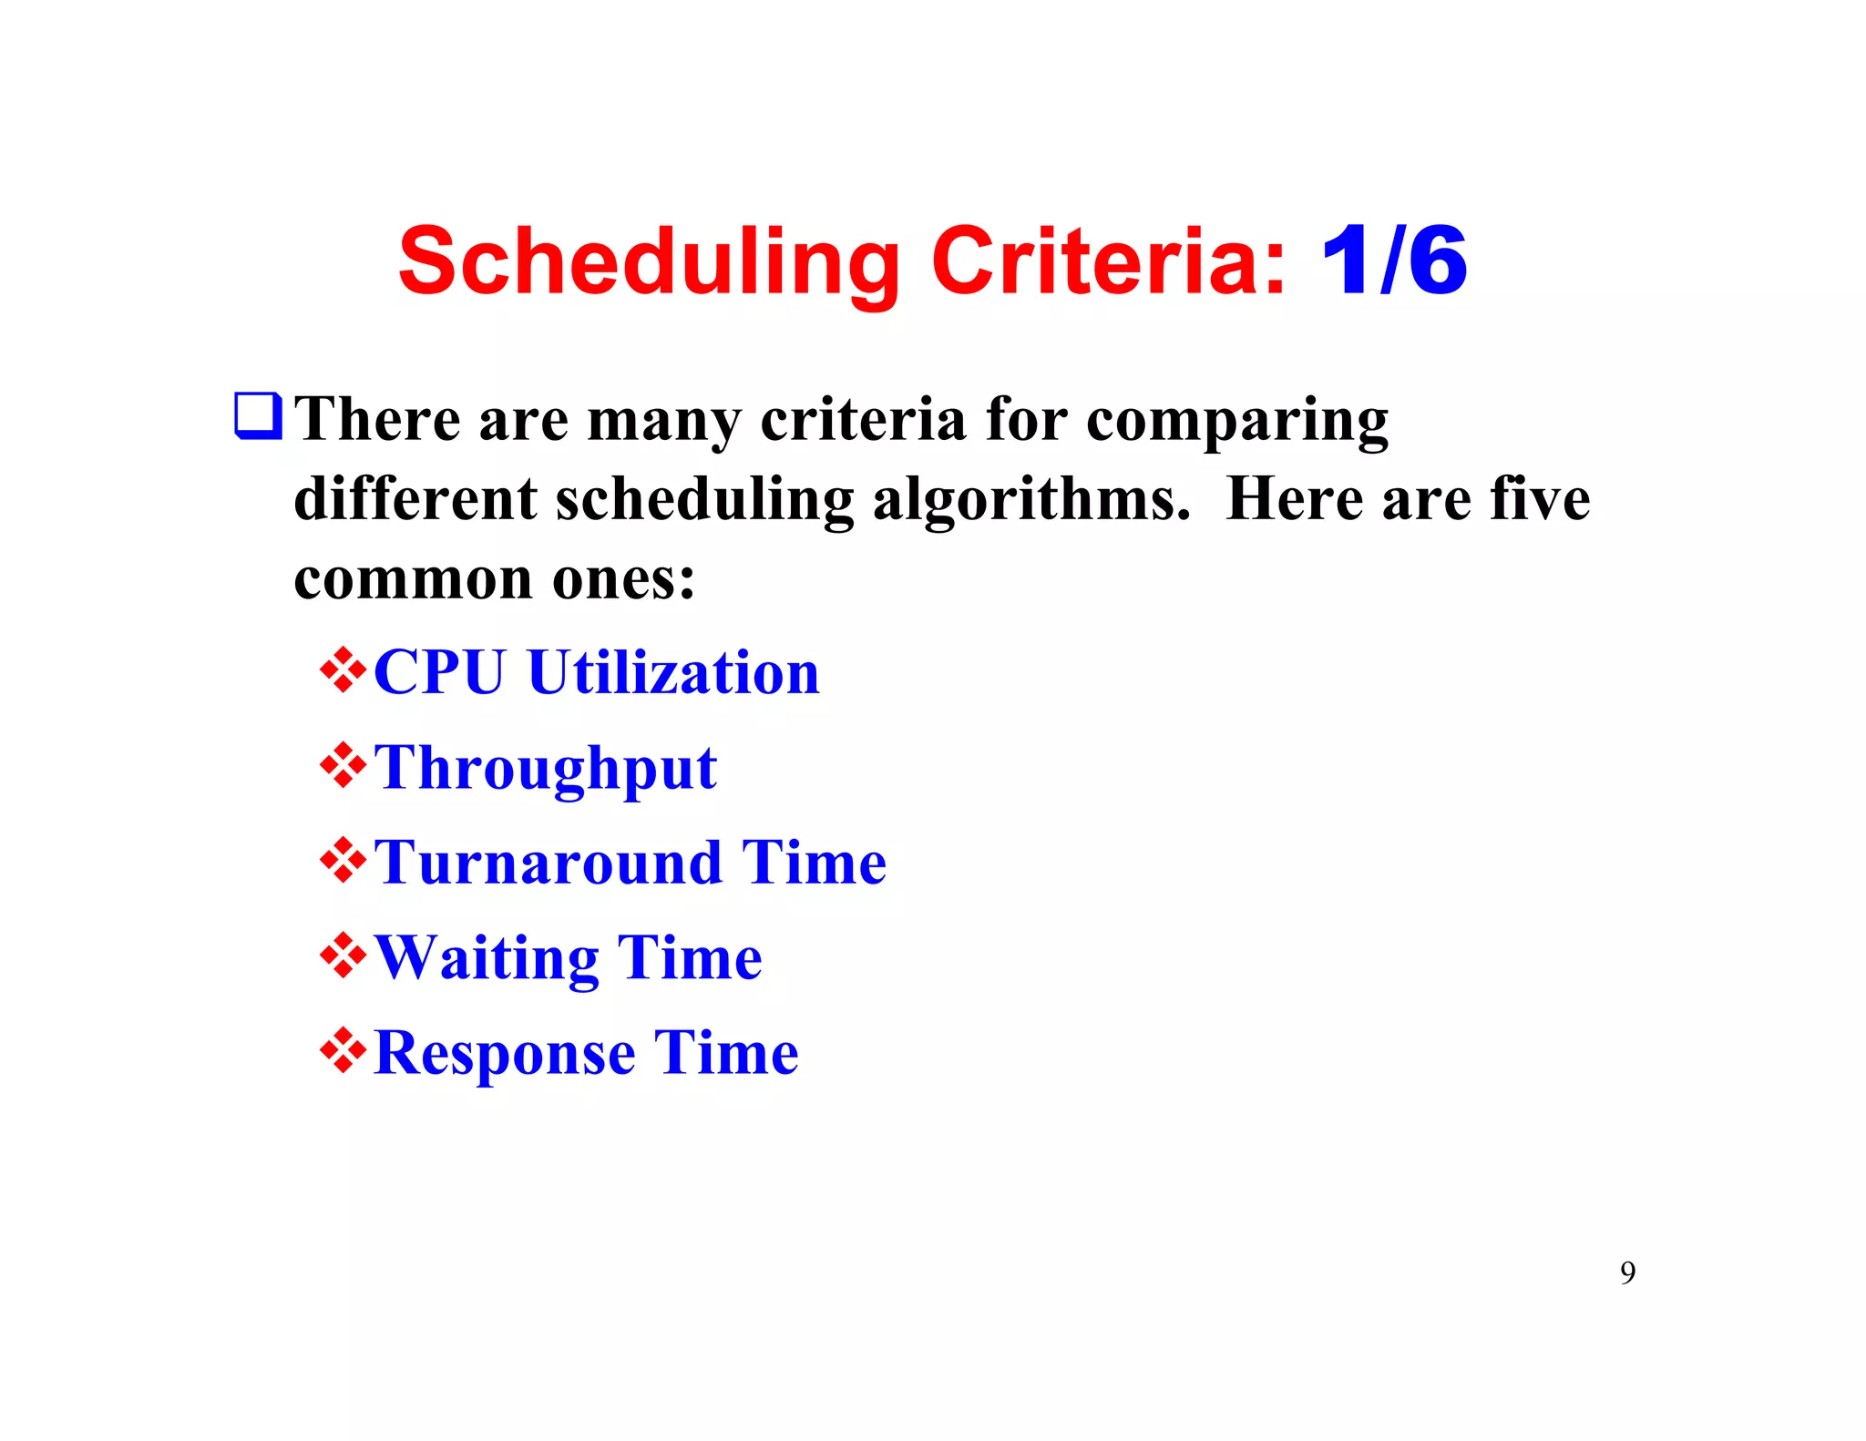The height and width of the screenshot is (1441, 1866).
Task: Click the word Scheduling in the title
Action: click(649, 262)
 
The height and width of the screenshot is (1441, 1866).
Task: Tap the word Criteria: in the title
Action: click(1109, 262)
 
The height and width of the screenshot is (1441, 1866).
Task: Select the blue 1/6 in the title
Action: click(1394, 262)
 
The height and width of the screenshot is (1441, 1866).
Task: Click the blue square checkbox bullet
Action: click(258, 415)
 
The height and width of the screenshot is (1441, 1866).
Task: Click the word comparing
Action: click(1237, 421)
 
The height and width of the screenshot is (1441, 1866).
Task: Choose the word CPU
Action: click(438, 672)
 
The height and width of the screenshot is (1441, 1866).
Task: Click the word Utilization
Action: click(673, 672)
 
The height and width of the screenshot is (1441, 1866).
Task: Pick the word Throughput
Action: click(545, 768)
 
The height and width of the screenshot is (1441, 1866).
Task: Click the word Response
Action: click(504, 1053)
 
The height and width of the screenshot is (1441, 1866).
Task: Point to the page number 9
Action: click(1627, 1272)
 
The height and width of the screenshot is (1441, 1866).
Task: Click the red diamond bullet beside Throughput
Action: click(343, 766)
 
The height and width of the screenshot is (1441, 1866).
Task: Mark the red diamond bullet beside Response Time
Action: click(343, 1051)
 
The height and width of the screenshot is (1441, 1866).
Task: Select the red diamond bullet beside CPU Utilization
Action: click(343, 670)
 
